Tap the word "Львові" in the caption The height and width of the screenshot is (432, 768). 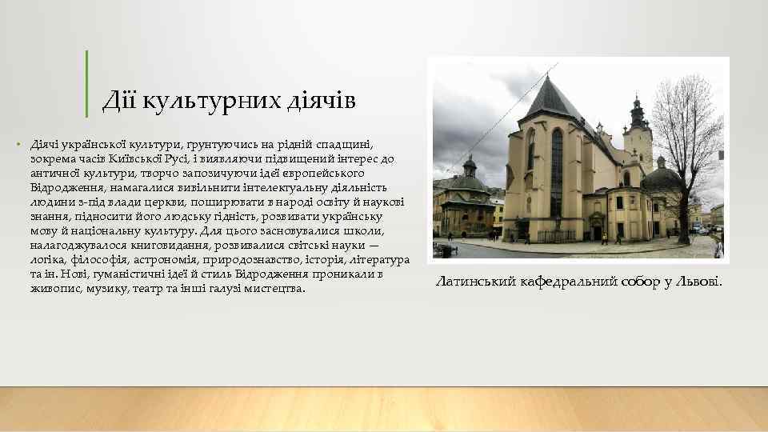pos(697,282)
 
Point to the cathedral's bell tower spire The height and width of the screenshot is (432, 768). pos(638,112)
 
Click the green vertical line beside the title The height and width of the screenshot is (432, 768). pos(86,82)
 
